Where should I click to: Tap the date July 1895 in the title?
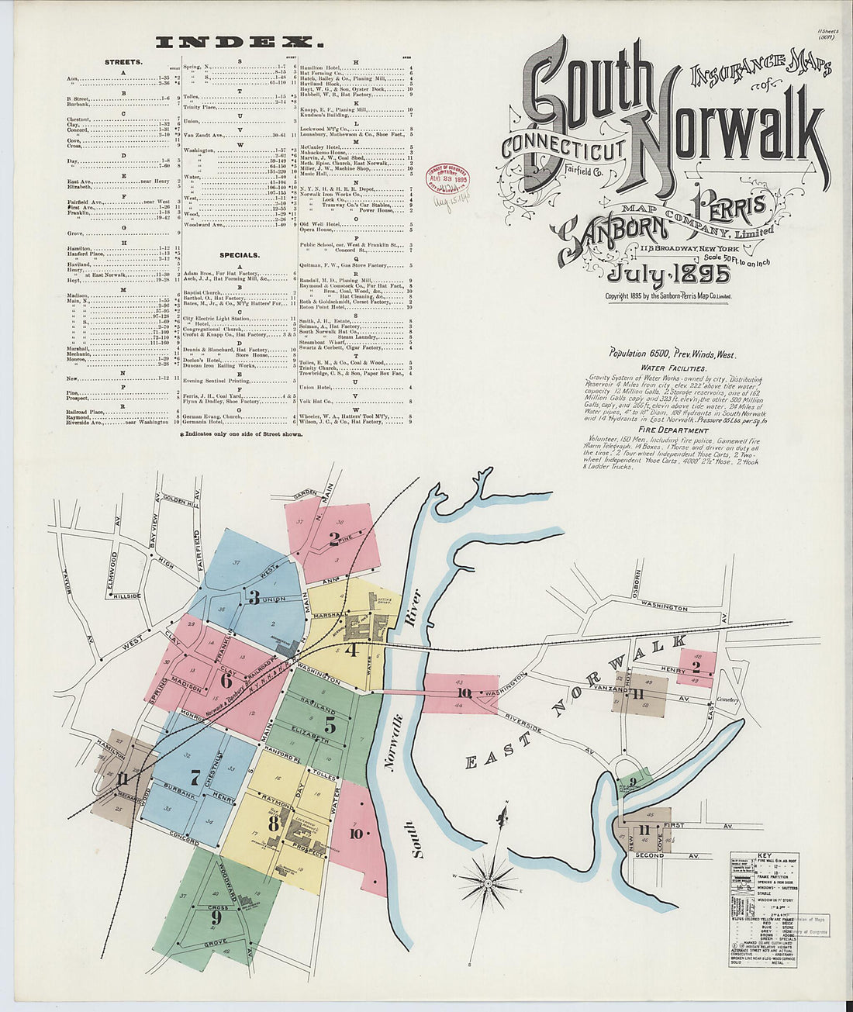[668, 275]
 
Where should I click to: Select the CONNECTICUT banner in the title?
[562, 147]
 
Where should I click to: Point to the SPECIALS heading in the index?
[239, 254]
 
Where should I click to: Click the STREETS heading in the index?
[123, 61]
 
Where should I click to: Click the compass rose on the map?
[489, 882]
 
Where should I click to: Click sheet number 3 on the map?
[254, 597]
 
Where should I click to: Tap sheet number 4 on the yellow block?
[351, 650]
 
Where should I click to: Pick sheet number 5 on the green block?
[330, 726]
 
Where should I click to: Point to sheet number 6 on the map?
[226, 681]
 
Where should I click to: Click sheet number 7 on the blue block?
[195, 776]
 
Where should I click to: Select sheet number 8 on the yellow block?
[273, 823]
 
